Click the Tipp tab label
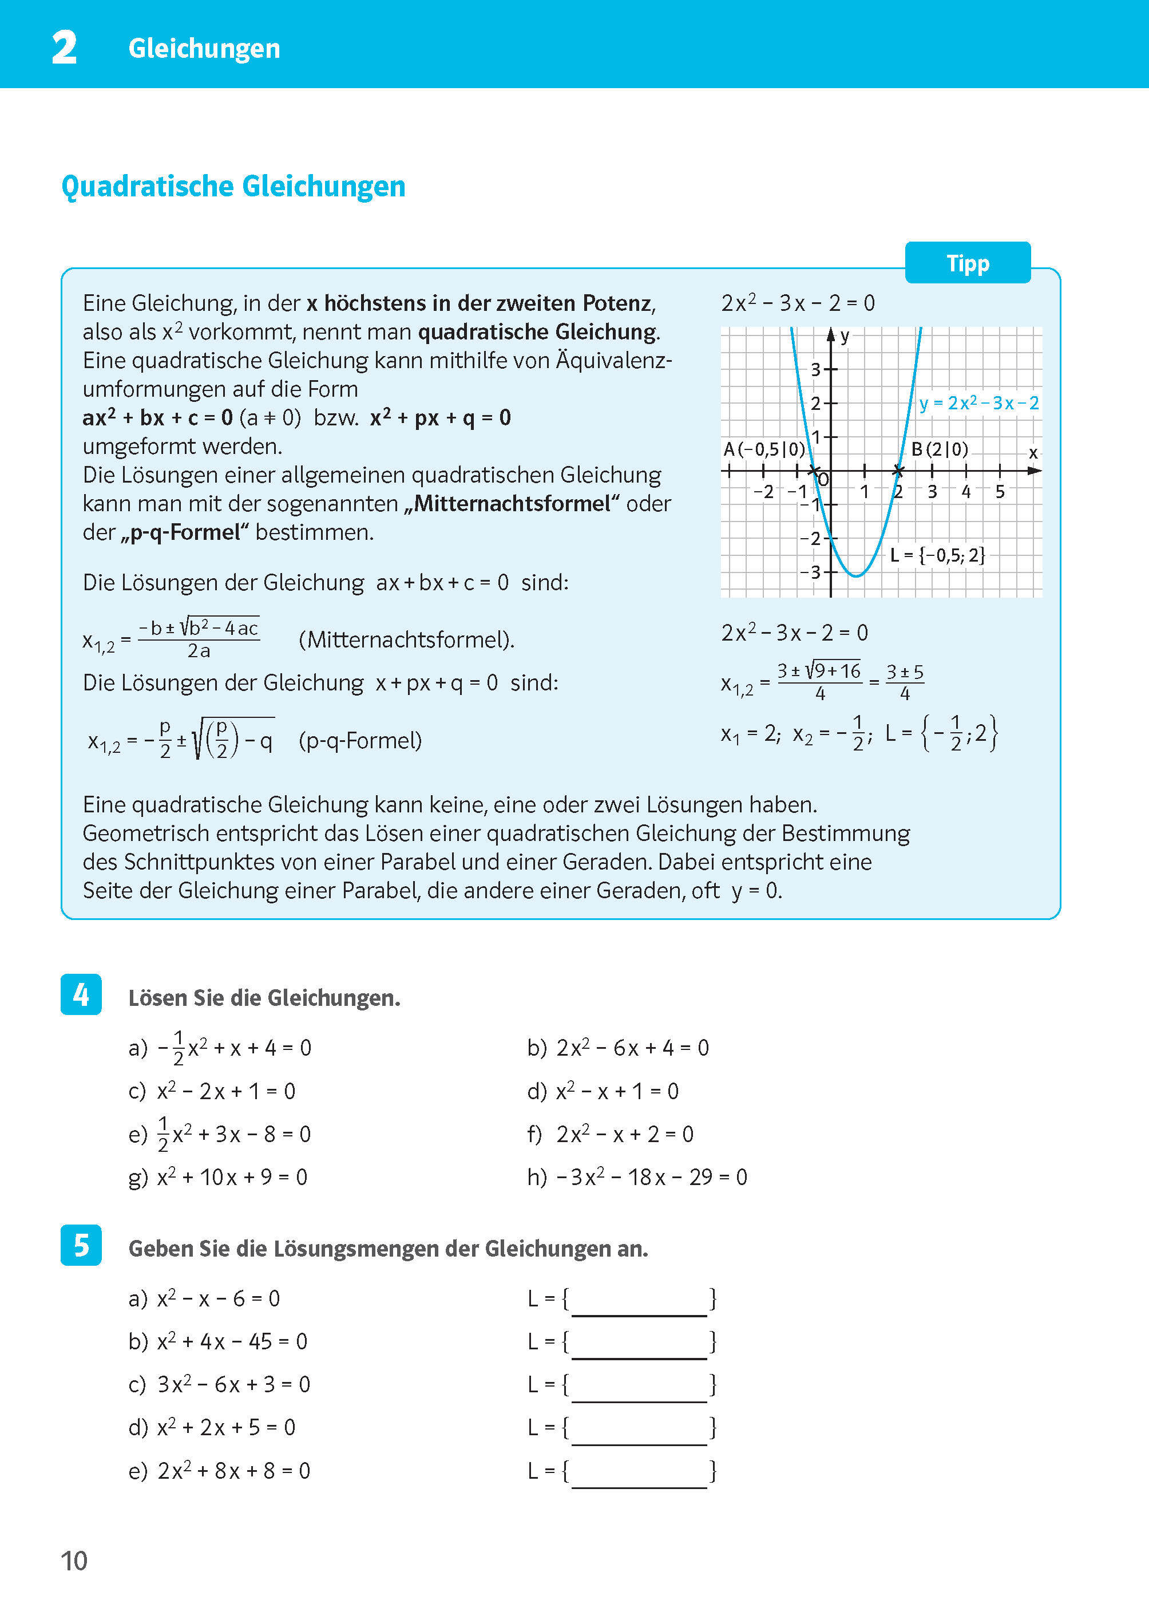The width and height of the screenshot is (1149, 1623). pos(967,263)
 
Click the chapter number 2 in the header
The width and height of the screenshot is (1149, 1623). pos(65,48)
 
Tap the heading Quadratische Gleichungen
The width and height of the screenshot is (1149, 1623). pos(233,187)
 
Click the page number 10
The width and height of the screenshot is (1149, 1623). pos(74,1561)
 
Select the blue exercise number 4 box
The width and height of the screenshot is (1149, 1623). pos(81,994)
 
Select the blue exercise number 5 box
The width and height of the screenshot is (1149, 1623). pos(81,1245)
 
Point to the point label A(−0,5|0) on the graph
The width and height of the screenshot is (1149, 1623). pos(764,449)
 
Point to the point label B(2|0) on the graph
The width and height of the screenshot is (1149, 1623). pos(940,449)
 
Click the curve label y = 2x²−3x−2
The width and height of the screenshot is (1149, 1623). pos(979,404)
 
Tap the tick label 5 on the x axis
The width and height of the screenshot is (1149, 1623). pos(1000,492)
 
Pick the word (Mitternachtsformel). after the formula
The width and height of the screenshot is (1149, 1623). pos(407,640)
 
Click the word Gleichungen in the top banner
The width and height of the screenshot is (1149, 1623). pos(204,48)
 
